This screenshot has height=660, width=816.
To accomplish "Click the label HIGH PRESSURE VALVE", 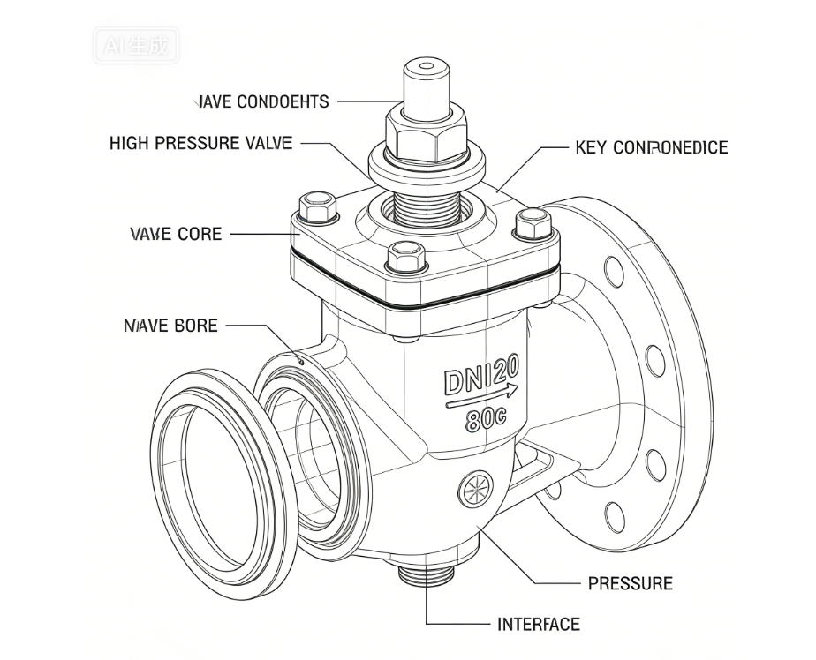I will coord(200,143).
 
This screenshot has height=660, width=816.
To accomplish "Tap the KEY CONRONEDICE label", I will coord(651,147).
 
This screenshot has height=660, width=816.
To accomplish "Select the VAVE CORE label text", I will coord(176,235).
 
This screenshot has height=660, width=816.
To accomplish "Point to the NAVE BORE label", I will coord(170,326).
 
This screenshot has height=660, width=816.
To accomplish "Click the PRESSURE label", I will coord(630,583).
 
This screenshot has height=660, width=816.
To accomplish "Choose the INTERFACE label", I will coord(539,625).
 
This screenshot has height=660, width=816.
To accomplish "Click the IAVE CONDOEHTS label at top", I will coord(262,101).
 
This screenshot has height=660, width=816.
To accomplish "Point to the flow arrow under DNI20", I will coord(482,400).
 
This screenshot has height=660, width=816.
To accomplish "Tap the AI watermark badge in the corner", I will coord(135,42).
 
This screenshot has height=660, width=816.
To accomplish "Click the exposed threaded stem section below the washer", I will coord(427,205).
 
